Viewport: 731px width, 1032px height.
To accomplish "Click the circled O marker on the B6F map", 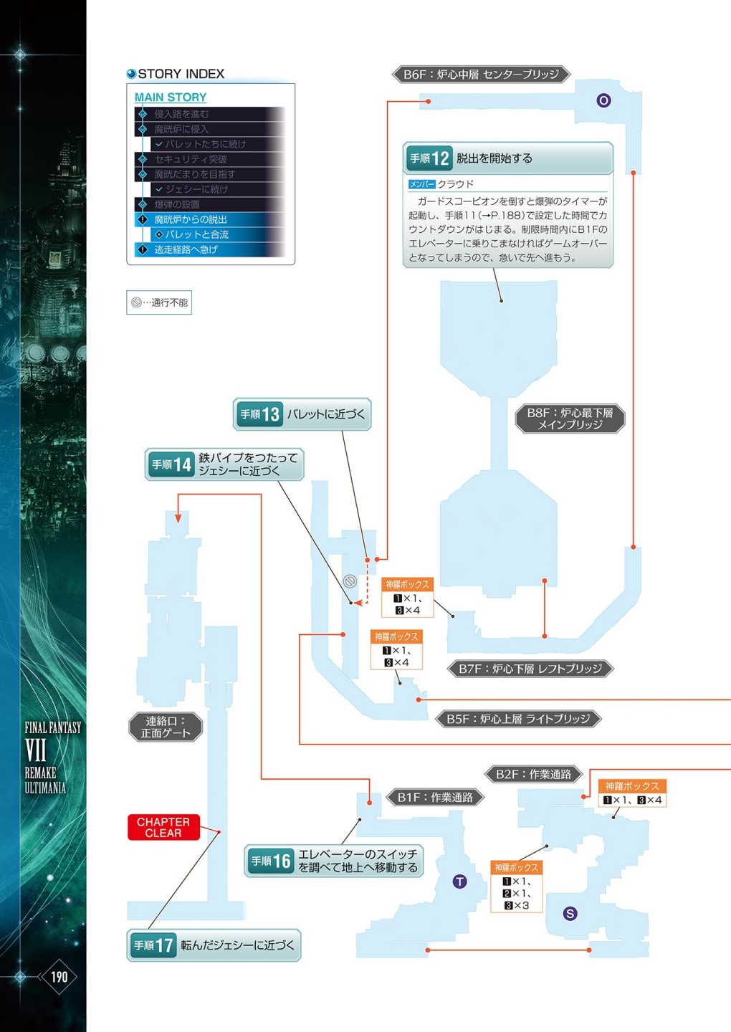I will tap(603, 100).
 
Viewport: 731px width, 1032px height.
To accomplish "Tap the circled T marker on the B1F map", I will tap(459, 881).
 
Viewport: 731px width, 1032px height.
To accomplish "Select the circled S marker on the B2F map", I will tap(570, 913).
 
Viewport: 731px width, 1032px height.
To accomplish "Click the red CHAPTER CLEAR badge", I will tap(163, 827).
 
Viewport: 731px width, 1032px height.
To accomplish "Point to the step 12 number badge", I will tap(429, 158).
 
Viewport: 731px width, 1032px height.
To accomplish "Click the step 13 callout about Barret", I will tap(302, 414).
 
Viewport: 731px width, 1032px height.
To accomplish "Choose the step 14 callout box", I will tap(224, 464).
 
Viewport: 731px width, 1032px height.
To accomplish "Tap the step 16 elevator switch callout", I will tap(334, 861).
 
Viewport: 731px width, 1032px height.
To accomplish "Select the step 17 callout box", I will tap(214, 945).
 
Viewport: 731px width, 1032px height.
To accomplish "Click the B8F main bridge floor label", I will tap(570, 419).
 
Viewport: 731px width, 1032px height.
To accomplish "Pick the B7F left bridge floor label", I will tap(530, 669).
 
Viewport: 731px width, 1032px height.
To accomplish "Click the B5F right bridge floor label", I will tap(518, 718).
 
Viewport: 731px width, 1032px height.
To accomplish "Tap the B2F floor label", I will tap(534, 774).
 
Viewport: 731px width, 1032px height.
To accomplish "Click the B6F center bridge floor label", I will tap(481, 74).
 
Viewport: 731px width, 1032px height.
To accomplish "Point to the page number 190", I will tap(59, 976).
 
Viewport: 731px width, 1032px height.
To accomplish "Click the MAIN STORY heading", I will tap(171, 97).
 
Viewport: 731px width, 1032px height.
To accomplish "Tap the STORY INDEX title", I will tap(181, 74).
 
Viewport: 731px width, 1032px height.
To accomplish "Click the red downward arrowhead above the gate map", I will tap(178, 517).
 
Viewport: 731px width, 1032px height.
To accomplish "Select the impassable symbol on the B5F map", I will tap(350, 581).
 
